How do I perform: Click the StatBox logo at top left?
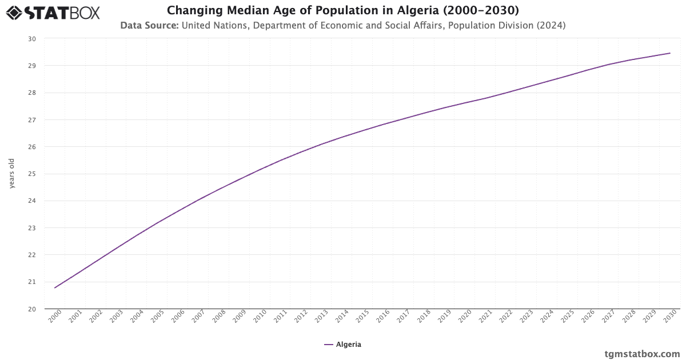pos(53,13)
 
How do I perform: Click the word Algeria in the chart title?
pos(420,10)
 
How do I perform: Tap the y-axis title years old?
pos(11,174)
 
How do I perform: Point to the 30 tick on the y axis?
pos(32,39)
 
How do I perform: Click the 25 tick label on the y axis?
pos(32,174)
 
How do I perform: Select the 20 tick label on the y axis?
pos(32,309)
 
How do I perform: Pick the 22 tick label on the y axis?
pos(32,255)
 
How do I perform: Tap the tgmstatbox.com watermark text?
pos(643,354)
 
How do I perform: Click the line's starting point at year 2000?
pos(55,287)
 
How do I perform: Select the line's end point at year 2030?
pos(670,53)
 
